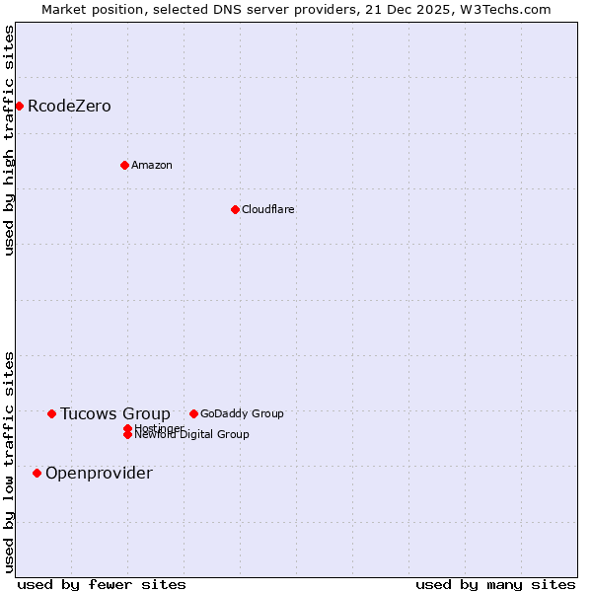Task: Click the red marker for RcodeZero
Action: [x=19, y=106]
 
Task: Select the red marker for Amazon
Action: [x=124, y=165]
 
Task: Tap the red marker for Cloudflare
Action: [x=235, y=209]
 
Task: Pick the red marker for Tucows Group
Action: [x=51, y=413]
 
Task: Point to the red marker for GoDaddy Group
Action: [x=193, y=413]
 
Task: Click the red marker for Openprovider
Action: [x=37, y=473]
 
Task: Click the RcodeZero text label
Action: [x=69, y=106]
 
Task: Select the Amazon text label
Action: [x=152, y=165]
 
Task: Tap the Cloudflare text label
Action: [x=268, y=209]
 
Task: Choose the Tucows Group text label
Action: [x=115, y=413]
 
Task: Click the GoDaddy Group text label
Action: [x=242, y=413]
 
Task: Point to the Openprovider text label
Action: [x=99, y=473]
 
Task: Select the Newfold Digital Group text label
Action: [x=192, y=435]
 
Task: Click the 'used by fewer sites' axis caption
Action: [x=102, y=584]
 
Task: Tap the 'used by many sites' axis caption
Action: [x=495, y=584]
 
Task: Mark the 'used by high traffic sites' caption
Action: [x=9, y=140]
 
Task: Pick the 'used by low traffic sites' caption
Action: [x=9, y=461]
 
